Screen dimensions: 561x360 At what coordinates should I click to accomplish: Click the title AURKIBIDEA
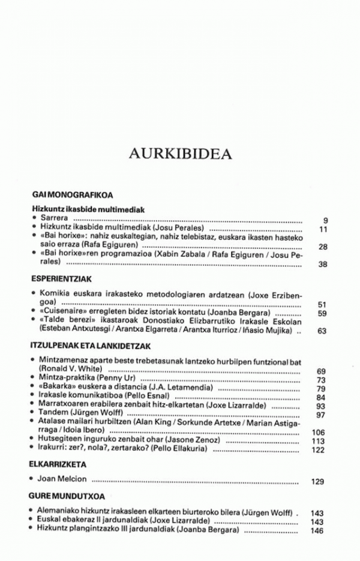pyautogui.click(x=180, y=154)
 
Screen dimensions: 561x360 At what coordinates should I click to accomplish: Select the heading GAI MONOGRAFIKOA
pyautogui.click(x=73, y=196)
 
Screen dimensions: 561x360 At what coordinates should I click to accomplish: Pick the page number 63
pyautogui.click(x=321, y=331)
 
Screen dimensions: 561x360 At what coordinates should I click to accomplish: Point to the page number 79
pyautogui.click(x=320, y=389)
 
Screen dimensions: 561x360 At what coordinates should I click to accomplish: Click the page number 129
pyautogui.click(x=318, y=481)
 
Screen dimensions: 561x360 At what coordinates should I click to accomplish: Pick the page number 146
pyautogui.click(x=317, y=530)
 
